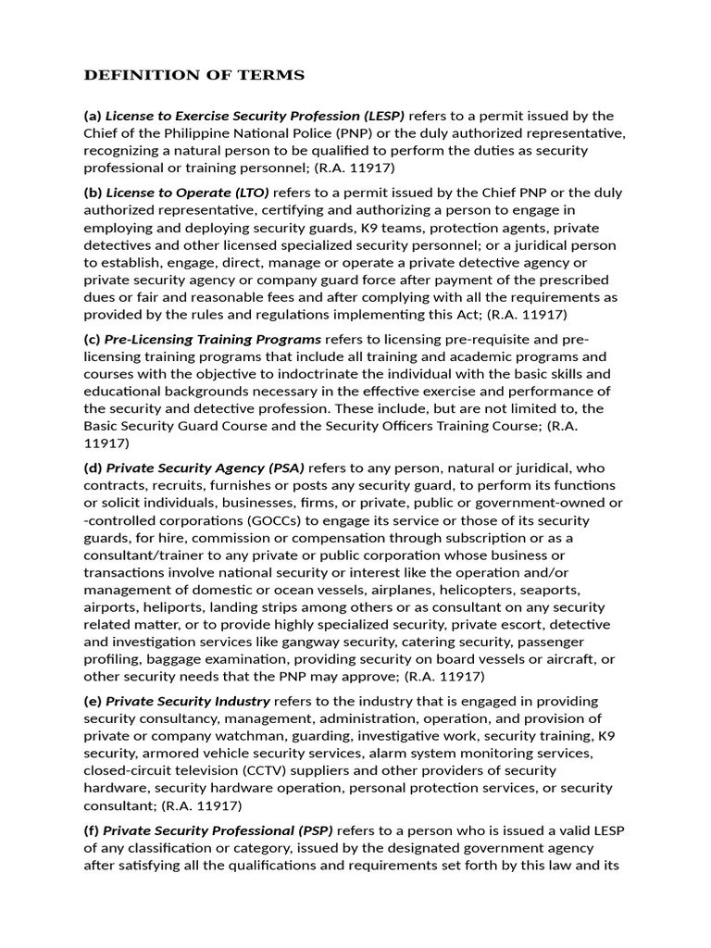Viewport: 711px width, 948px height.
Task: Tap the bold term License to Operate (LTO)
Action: pyautogui.click(x=187, y=193)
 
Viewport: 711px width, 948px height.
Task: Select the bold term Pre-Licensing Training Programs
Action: pyautogui.click(x=214, y=339)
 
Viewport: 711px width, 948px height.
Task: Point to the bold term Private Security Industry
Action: pyautogui.click(x=188, y=701)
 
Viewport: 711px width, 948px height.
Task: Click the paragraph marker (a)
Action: pyautogui.click(x=92, y=116)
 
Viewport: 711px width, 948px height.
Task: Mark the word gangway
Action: pyautogui.click(x=300, y=641)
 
